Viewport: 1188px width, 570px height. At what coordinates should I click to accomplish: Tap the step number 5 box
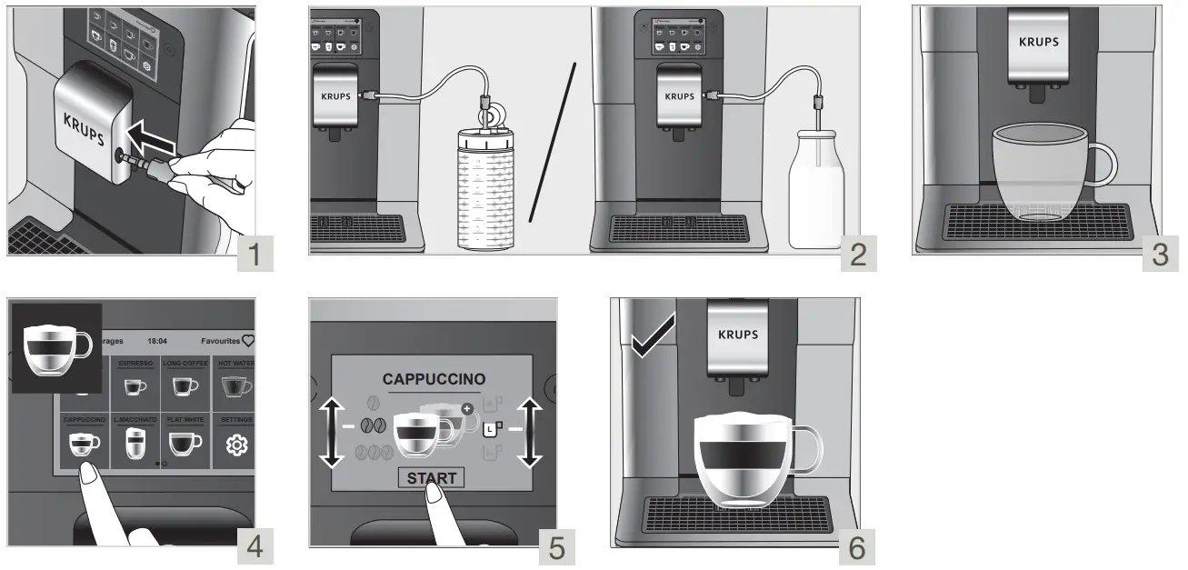coord(557,547)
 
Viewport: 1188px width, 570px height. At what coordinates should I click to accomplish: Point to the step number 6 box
coord(856,547)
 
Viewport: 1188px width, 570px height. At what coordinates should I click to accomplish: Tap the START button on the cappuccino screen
coord(431,478)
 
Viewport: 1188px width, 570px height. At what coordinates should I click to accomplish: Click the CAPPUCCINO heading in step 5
coord(434,379)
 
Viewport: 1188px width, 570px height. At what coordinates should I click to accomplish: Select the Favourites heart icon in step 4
coord(248,341)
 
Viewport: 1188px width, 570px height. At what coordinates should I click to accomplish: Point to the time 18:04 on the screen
coord(157,341)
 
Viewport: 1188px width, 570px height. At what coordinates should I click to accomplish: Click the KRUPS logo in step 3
coord(1038,42)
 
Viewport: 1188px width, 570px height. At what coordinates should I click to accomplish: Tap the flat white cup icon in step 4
coord(185,443)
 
